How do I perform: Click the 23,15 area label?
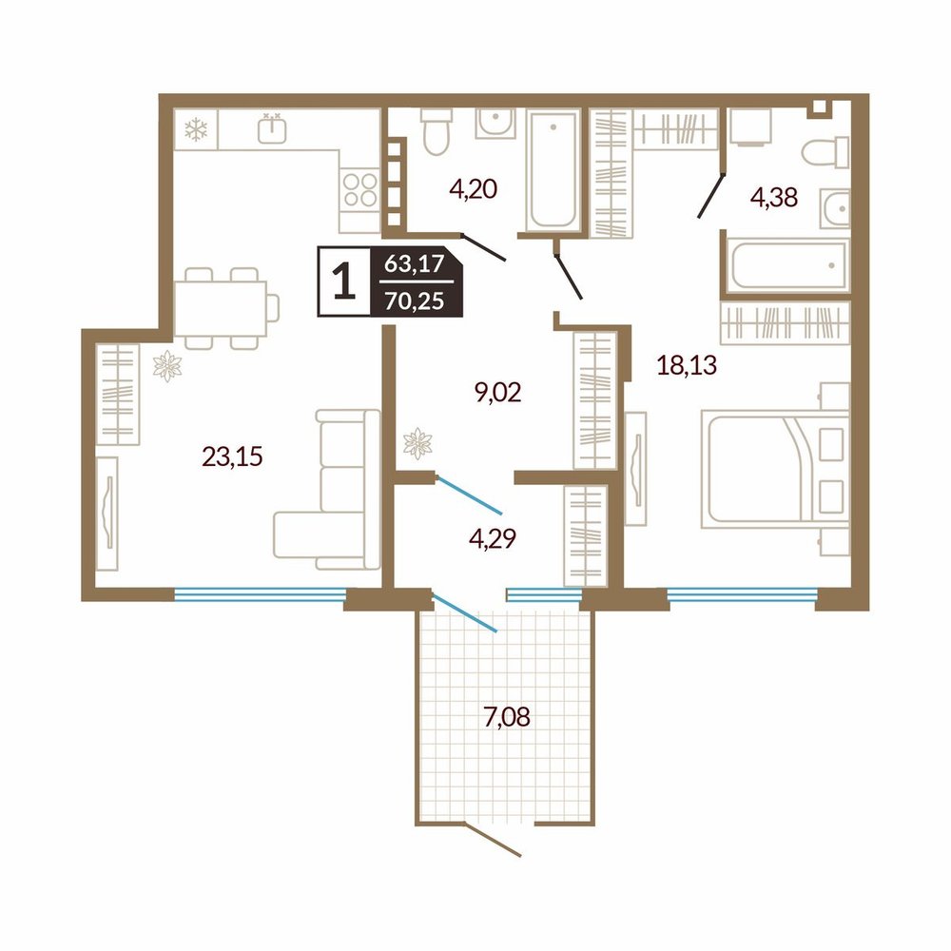tap(232, 456)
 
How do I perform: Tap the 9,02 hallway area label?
tap(498, 393)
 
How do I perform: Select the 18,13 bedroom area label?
tap(688, 366)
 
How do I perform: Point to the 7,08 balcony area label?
tap(507, 717)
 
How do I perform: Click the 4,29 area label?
tap(493, 538)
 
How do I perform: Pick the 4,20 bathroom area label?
tap(473, 189)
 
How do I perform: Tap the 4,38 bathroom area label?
tap(774, 198)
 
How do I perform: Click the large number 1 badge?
tap(344, 282)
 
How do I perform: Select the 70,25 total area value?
tap(415, 301)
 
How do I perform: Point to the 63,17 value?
tap(415, 264)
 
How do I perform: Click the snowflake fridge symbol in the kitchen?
tap(196, 129)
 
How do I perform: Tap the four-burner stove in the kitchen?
tap(360, 190)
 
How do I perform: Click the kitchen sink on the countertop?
tap(272, 128)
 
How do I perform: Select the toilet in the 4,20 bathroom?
tap(435, 131)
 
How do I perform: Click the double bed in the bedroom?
tap(775, 468)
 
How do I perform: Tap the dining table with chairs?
tap(225, 309)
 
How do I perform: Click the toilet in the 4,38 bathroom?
tap(825, 152)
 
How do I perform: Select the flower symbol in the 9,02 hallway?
tap(417, 443)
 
